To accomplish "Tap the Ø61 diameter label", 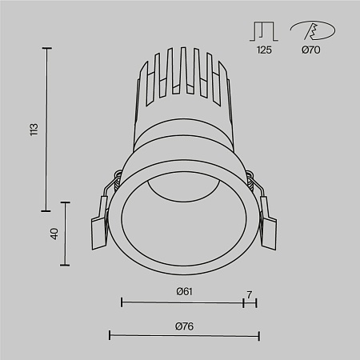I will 184,291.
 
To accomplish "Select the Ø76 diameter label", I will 184,325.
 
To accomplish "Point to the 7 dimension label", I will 249,294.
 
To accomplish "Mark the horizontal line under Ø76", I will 183,334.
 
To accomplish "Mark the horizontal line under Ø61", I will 182,302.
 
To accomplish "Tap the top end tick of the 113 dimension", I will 47,49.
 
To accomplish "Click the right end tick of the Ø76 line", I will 258,334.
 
